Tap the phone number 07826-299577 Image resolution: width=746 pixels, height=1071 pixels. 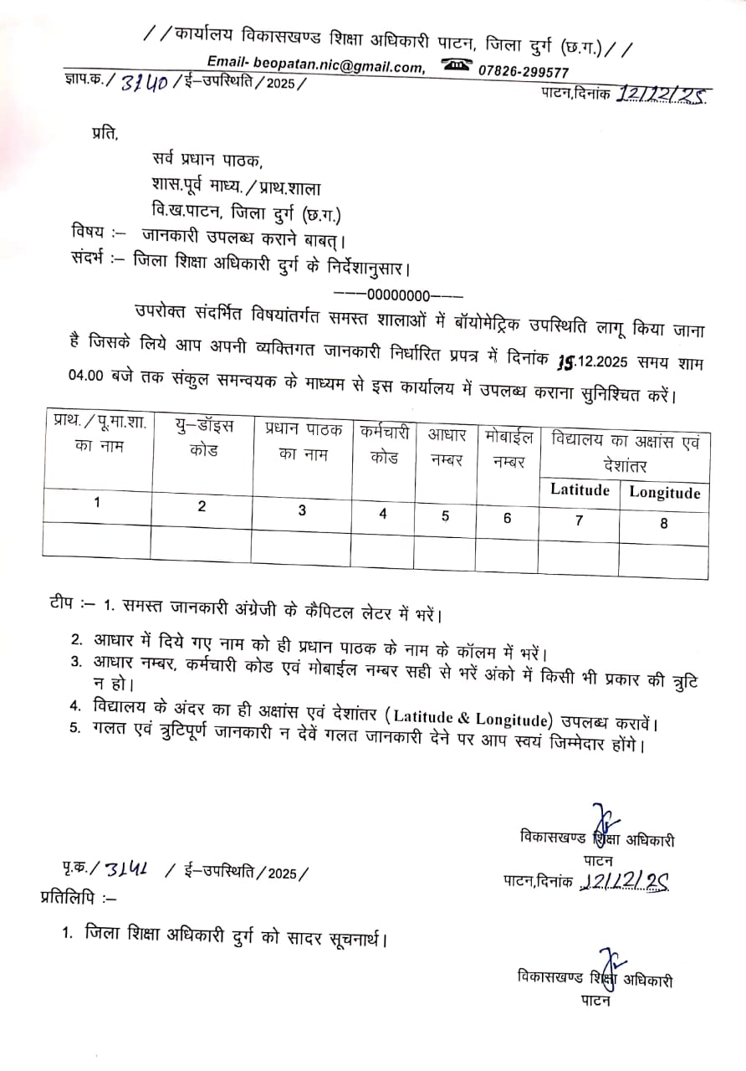[x=524, y=72]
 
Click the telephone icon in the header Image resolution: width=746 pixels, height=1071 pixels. [x=457, y=66]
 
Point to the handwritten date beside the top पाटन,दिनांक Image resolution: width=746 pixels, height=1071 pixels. [x=660, y=94]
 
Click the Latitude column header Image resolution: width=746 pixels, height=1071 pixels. [x=580, y=490]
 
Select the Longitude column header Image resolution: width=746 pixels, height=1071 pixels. [x=665, y=492]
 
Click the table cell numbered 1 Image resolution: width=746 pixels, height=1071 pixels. [x=97, y=502]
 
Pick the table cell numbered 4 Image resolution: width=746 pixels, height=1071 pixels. [x=383, y=514]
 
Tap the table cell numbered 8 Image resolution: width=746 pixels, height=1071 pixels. [x=665, y=523]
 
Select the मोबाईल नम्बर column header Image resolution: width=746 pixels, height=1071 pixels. [x=508, y=448]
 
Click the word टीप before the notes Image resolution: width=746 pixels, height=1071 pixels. [x=64, y=602]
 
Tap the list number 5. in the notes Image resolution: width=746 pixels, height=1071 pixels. [x=76, y=727]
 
